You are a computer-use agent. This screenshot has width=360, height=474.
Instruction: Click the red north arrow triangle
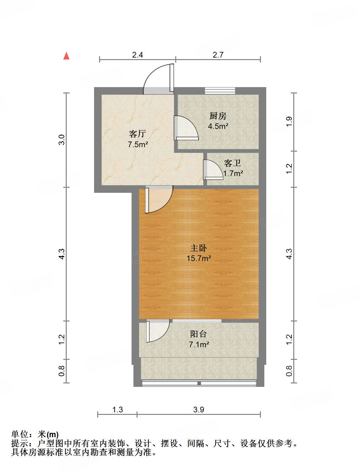coord(66,56)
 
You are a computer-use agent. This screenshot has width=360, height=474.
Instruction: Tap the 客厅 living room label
coord(138,134)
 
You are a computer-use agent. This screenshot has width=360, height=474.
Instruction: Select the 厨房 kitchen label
coord(218,116)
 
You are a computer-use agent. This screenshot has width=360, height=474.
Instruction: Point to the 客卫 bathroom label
coord(233,163)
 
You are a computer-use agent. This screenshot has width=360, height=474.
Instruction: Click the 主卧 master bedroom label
coord(199,248)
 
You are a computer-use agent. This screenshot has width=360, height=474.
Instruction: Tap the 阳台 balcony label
coord(199,334)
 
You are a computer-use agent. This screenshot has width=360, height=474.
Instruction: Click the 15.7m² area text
coord(199,259)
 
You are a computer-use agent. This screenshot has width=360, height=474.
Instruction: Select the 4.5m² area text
coord(218,126)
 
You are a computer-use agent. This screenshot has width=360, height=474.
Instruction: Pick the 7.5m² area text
coord(138,145)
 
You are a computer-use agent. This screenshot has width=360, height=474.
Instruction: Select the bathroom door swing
coord(212,170)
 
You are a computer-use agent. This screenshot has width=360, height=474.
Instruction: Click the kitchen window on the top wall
coord(220,91)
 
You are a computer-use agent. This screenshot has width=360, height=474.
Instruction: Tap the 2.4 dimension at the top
coord(138,55)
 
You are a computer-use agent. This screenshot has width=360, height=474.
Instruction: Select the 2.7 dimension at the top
coord(218,55)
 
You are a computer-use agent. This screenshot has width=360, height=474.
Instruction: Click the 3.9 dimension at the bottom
coord(199,410)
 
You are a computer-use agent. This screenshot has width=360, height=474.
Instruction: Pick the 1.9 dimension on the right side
coord(289,122)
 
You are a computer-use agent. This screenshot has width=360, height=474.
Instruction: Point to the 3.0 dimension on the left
coord(62,139)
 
